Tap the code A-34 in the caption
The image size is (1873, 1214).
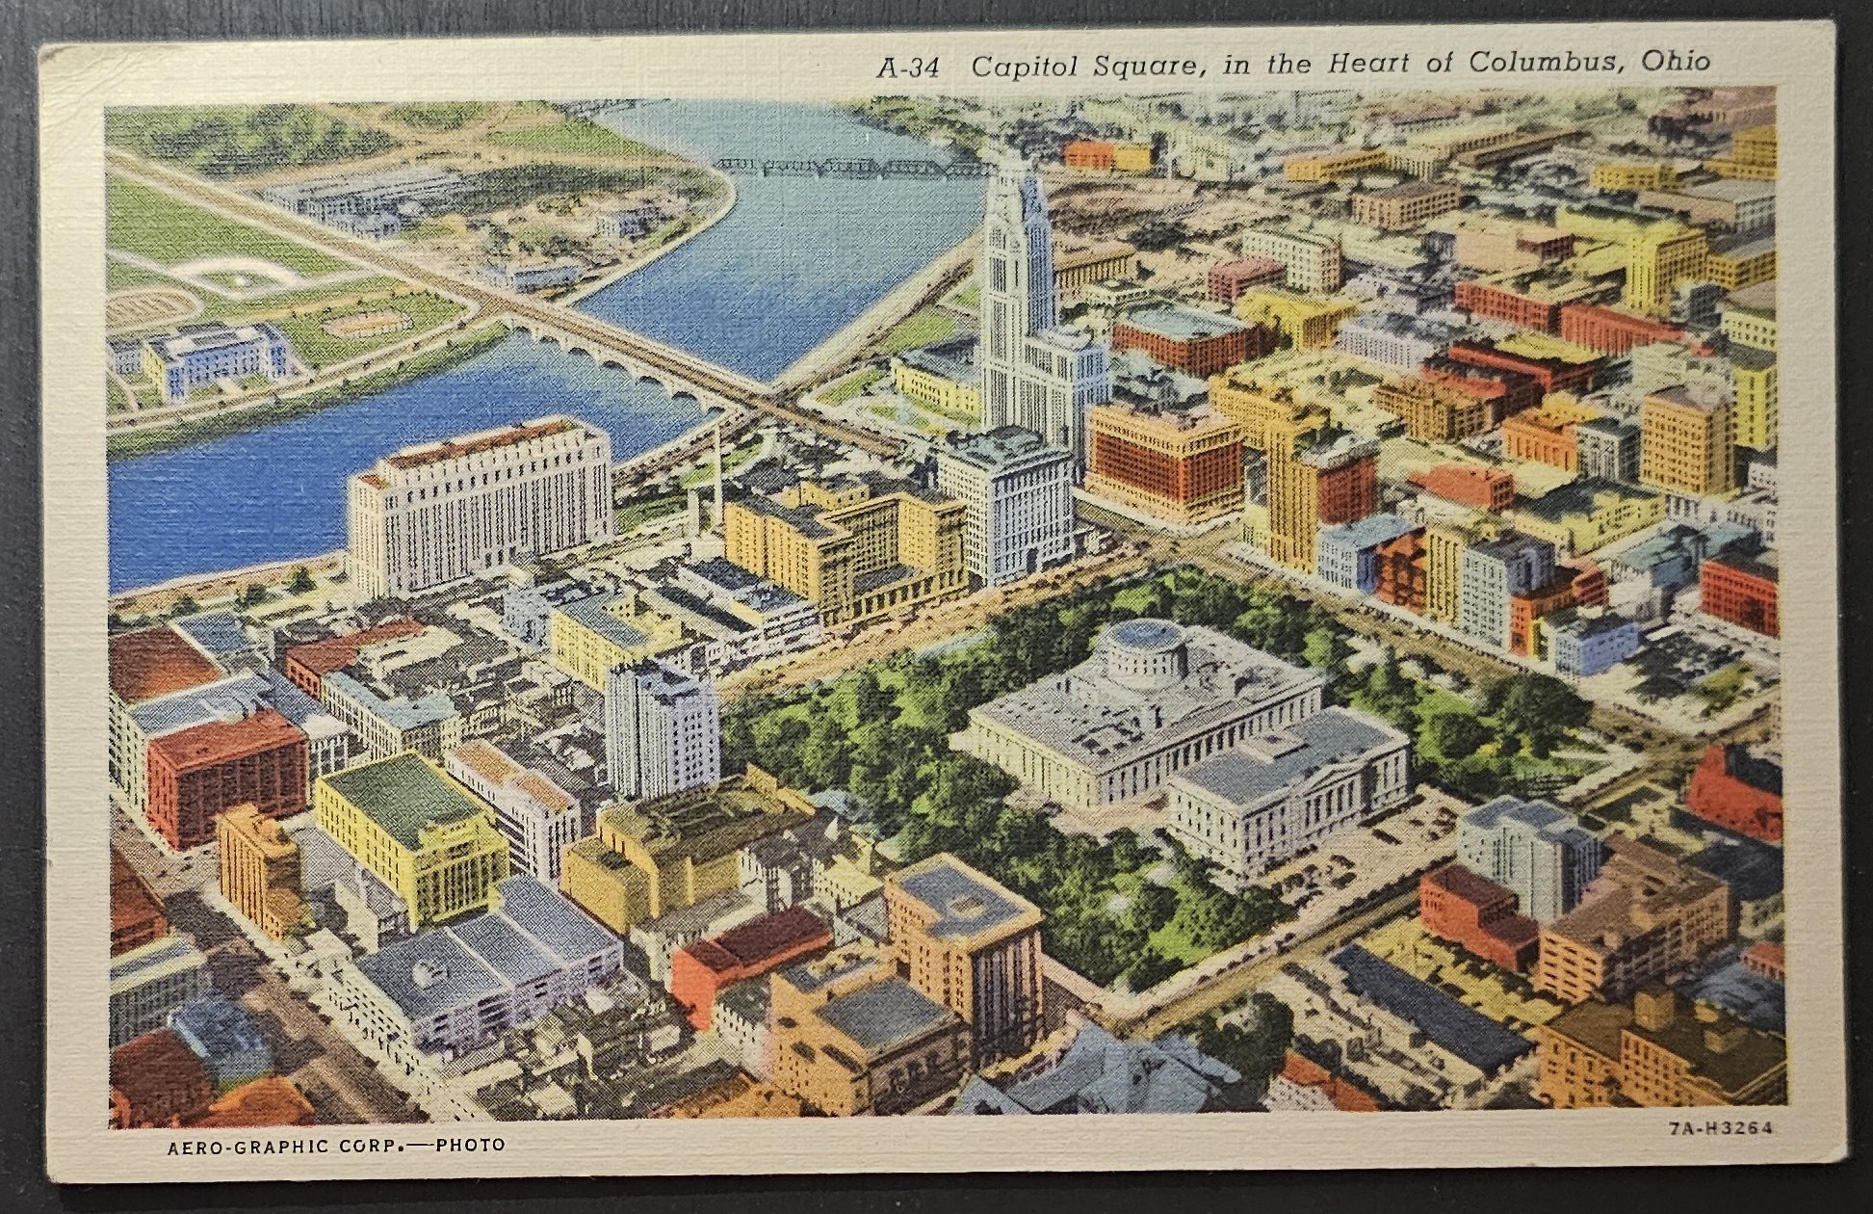(x=907, y=67)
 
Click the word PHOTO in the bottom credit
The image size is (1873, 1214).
(x=470, y=1146)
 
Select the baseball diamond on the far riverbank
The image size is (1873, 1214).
(x=236, y=277)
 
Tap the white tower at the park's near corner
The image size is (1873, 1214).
(x=663, y=728)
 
